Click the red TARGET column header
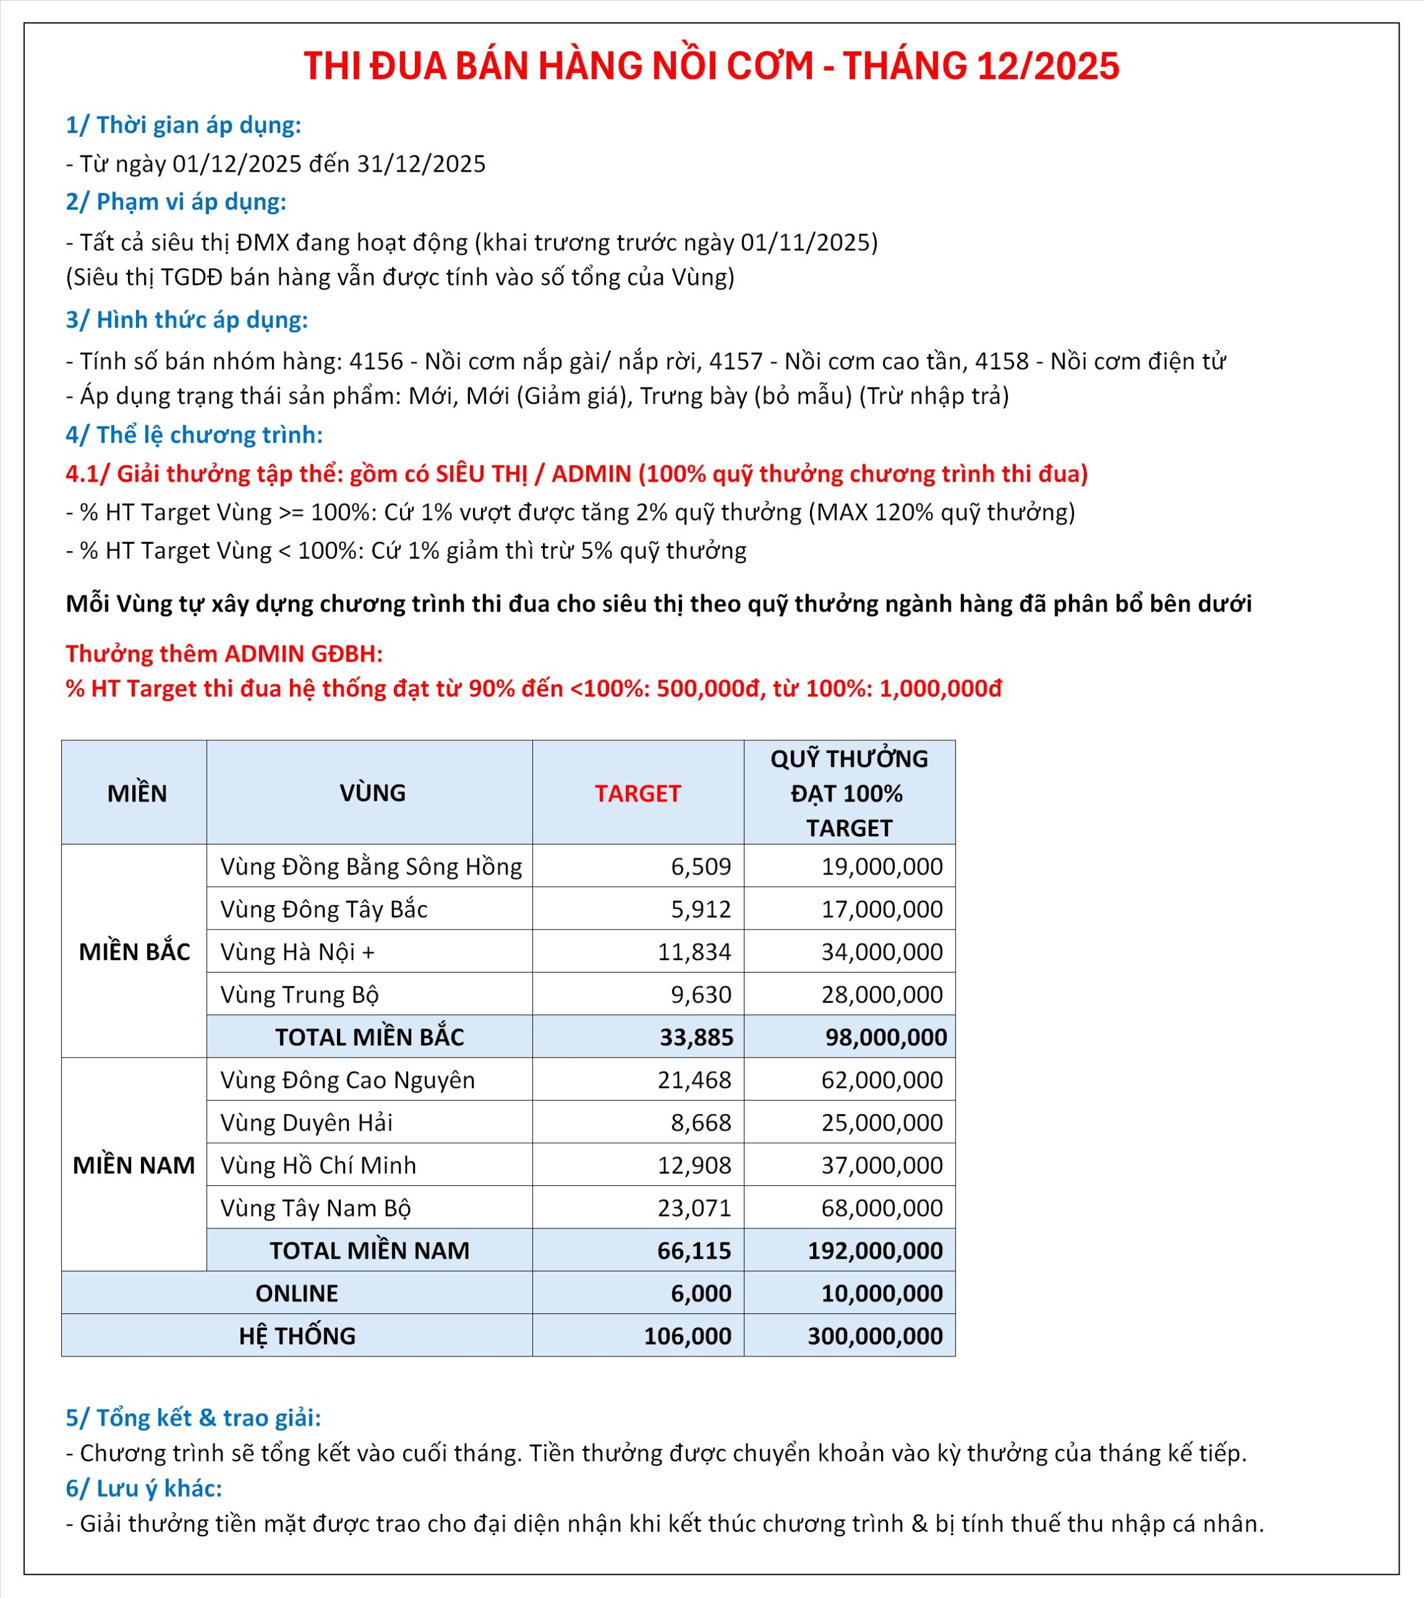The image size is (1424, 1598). click(637, 793)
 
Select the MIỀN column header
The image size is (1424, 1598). click(137, 793)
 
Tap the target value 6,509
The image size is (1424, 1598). click(700, 866)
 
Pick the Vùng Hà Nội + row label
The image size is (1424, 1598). click(297, 951)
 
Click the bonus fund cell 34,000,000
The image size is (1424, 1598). click(881, 951)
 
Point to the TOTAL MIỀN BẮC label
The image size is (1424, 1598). click(369, 1037)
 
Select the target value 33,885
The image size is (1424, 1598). click(696, 1037)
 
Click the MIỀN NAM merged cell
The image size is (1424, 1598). click(134, 1165)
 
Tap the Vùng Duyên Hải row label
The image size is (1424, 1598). click(306, 1122)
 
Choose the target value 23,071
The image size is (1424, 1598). click(694, 1207)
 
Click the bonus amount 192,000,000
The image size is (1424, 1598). click(875, 1250)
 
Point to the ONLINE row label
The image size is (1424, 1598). click(296, 1293)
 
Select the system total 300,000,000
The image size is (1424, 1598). click(875, 1336)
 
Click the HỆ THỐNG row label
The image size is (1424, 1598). click(296, 1336)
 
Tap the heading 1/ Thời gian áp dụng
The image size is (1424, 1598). click(183, 125)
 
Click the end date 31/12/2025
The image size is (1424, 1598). click(421, 164)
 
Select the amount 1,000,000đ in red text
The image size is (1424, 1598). click(940, 688)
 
